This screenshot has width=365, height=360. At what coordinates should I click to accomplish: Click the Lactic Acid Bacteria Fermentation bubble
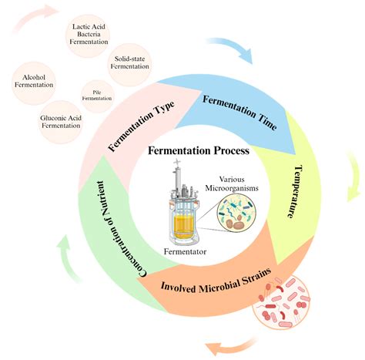[x=89, y=39]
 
